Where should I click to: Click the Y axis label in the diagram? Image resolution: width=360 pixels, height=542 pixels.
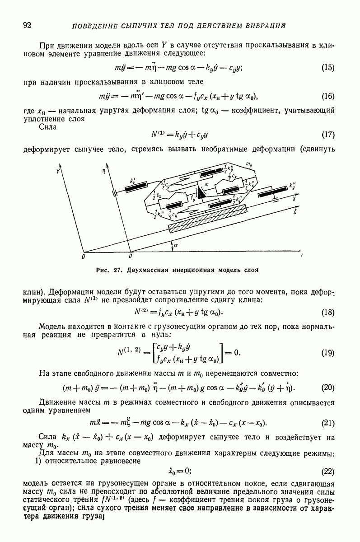[58, 172]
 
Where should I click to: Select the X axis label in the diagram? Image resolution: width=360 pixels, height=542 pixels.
[293, 198]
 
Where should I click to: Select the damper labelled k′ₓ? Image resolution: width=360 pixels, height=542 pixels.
[137, 187]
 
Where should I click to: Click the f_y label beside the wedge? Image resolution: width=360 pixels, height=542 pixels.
[193, 197]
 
